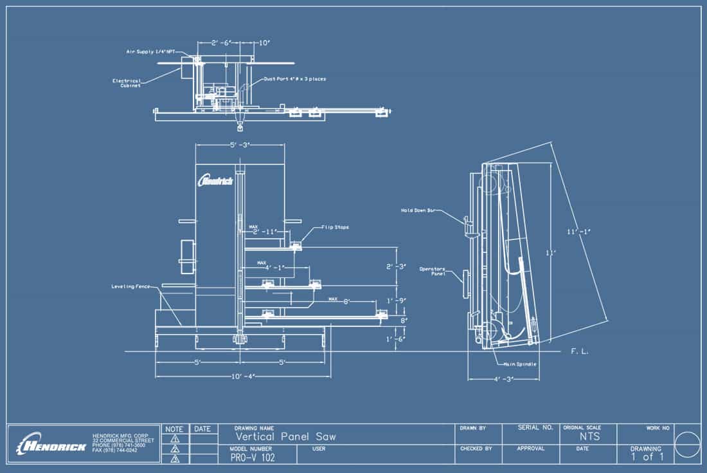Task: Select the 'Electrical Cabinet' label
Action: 131,83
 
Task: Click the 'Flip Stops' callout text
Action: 335,227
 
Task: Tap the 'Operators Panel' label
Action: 433,271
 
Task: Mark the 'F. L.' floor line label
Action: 580,352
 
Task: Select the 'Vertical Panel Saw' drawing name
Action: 285,437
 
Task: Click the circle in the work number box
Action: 688,443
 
